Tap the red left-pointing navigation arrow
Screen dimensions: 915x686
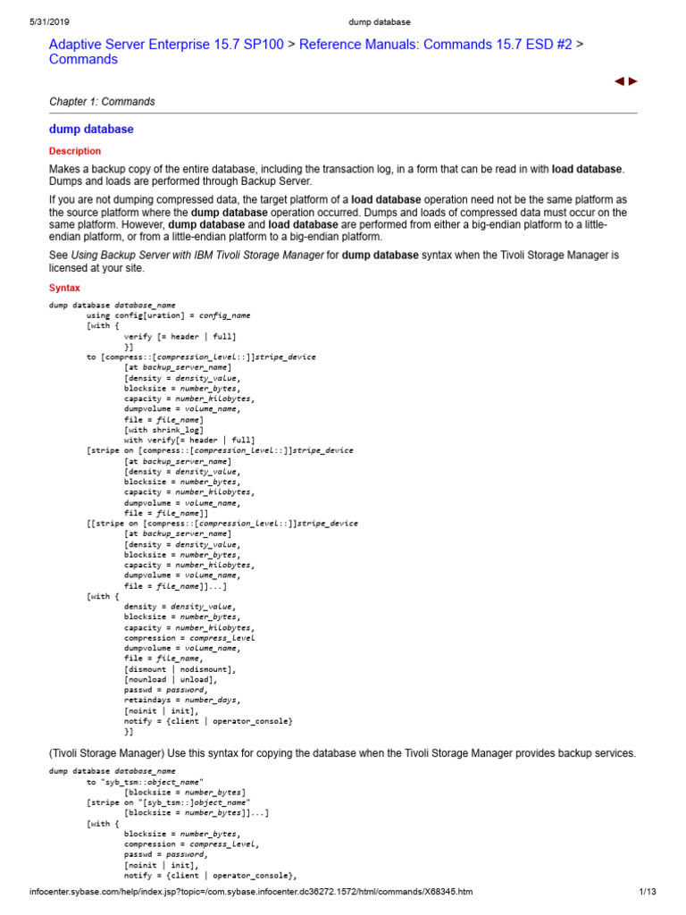619,81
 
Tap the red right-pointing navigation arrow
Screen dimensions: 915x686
633,81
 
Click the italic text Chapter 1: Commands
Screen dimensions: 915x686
102,102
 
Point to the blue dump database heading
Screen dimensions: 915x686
91,130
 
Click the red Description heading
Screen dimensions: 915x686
75,152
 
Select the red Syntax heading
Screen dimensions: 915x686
64,288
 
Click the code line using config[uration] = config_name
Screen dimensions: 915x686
168,315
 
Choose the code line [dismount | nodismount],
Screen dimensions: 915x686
180,669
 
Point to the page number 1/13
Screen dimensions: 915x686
648,892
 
